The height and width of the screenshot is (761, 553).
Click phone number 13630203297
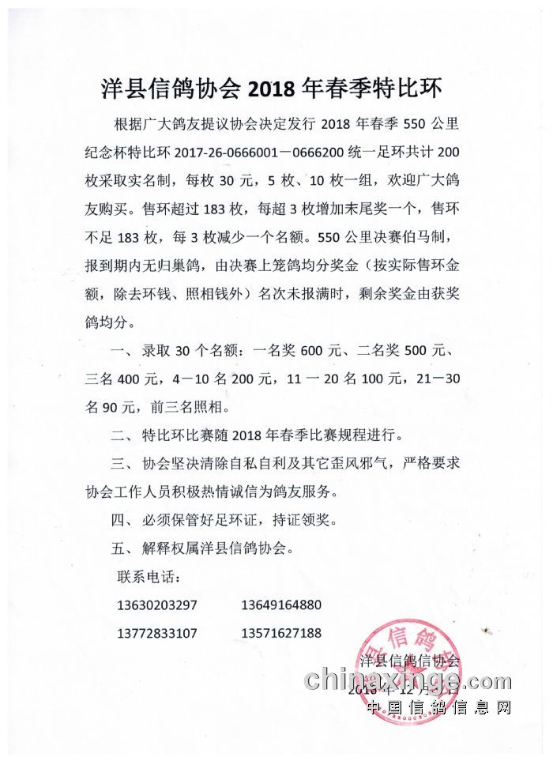pyautogui.click(x=156, y=606)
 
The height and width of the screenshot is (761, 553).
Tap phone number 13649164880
pyautogui.click(x=281, y=606)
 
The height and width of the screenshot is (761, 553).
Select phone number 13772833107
pyautogui.click(x=156, y=634)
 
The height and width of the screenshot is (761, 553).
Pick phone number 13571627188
pyautogui.click(x=281, y=634)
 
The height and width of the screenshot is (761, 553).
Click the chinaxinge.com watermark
pyautogui.click(x=408, y=680)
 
